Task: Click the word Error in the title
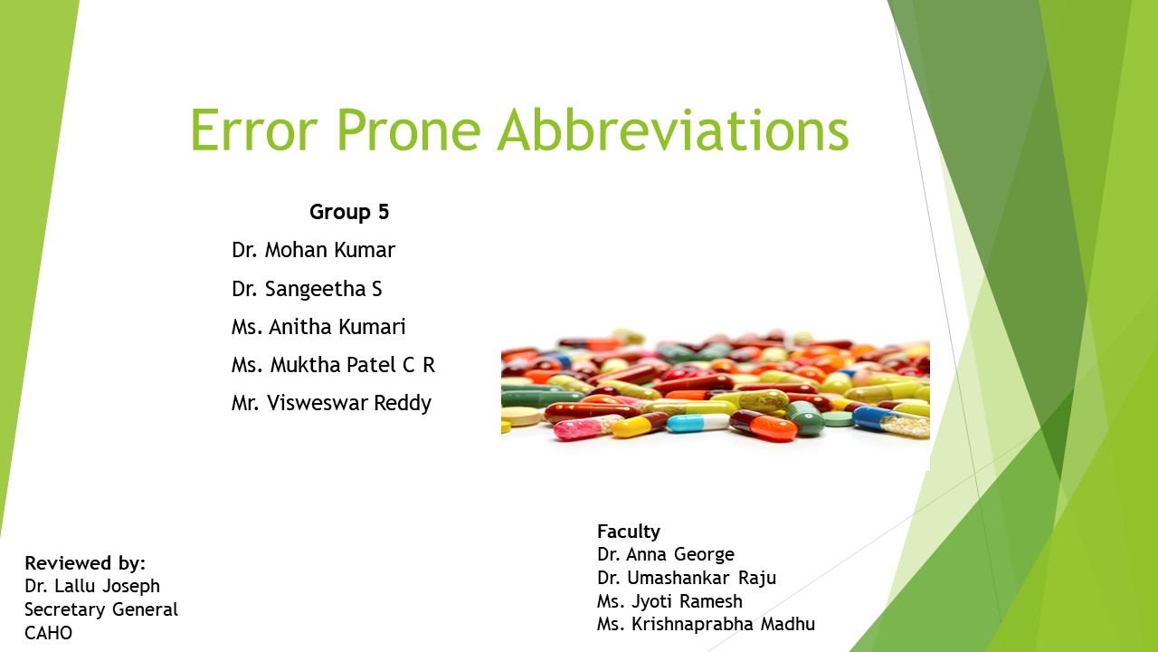(x=254, y=129)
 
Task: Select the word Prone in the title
(x=408, y=129)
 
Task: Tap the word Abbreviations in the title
(x=672, y=129)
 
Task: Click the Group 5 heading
(x=349, y=212)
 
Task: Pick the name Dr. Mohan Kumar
(x=313, y=250)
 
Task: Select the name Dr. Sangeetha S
(x=307, y=289)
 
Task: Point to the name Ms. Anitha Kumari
(x=318, y=327)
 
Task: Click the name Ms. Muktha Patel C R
(x=333, y=365)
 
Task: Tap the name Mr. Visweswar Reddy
(x=331, y=403)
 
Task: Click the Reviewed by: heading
(x=85, y=562)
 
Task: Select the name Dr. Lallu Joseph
(x=92, y=586)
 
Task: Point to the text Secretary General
(x=101, y=609)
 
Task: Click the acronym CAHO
(x=48, y=633)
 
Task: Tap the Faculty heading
(x=629, y=532)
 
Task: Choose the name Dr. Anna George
(x=666, y=554)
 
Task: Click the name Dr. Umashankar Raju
(x=687, y=578)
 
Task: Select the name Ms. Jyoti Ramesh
(x=669, y=601)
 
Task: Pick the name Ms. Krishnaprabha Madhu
(x=706, y=624)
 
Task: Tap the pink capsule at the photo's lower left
(x=577, y=428)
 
